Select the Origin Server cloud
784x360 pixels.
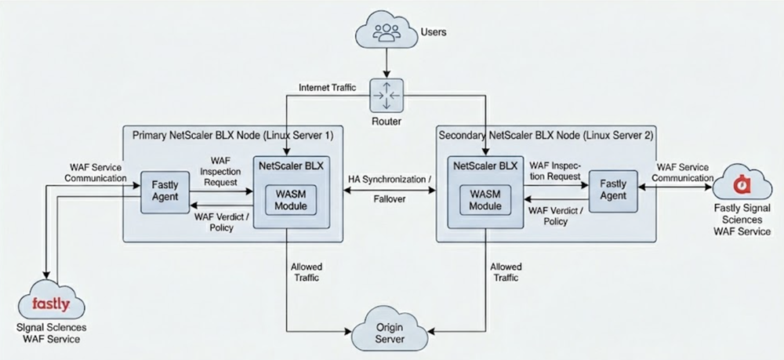[x=390, y=332]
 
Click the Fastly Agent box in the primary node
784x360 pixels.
[x=164, y=191]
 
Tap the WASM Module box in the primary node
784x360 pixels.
[x=285, y=199]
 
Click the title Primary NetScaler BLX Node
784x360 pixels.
[x=234, y=135]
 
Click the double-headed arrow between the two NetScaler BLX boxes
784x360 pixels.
[x=390, y=205]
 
